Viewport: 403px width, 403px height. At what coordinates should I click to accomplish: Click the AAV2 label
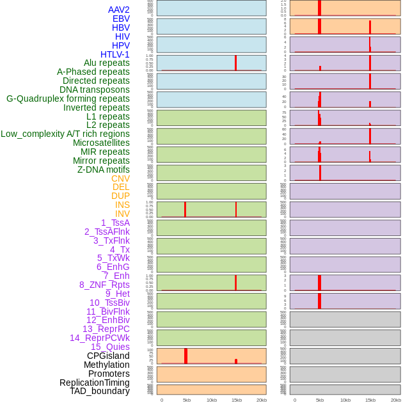(118, 10)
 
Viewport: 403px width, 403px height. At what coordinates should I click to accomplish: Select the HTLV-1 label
(115, 54)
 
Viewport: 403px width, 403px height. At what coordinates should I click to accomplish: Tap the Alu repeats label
(106, 63)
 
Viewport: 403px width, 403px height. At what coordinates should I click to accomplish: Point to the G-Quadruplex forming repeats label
(68, 99)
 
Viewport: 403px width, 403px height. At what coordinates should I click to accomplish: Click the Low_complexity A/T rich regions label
(65, 134)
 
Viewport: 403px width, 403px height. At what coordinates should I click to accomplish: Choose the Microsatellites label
(101, 143)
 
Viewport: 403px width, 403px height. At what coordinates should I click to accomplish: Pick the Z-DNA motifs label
(103, 170)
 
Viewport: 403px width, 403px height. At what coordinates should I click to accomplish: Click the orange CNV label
(120, 178)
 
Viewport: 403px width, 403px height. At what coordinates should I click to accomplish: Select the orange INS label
(122, 205)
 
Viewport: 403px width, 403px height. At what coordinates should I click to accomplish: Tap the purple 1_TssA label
(115, 223)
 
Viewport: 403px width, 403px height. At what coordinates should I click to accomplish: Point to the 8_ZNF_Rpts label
(104, 285)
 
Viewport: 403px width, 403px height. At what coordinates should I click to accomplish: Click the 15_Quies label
(110, 347)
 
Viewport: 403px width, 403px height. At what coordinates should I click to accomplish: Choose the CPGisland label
(108, 356)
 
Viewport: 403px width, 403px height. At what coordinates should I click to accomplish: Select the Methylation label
(106, 365)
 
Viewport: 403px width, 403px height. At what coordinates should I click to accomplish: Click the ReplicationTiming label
(95, 383)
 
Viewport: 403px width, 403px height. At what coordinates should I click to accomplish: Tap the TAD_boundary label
(99, 391)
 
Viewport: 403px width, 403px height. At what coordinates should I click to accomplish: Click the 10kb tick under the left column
(212, 400)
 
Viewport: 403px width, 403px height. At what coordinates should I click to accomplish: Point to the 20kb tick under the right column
(395, 400)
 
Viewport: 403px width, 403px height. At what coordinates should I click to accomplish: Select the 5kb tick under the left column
(187, 400)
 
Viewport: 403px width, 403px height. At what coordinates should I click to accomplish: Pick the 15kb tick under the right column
(370, 400)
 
